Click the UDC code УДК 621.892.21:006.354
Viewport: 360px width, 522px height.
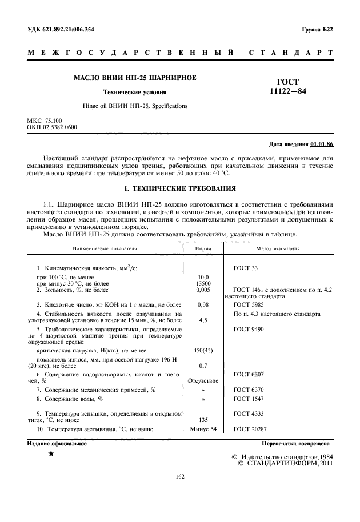61,29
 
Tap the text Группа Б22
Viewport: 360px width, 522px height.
317,29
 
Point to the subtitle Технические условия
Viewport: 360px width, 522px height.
134,92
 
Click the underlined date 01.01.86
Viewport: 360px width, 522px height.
322,143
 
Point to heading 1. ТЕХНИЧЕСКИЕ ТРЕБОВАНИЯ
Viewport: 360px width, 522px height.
179,188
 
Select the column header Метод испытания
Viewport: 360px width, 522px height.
279,249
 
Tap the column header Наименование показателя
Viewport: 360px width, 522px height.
105,249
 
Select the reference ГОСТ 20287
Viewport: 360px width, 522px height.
250,429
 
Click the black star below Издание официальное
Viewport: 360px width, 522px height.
51,453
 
